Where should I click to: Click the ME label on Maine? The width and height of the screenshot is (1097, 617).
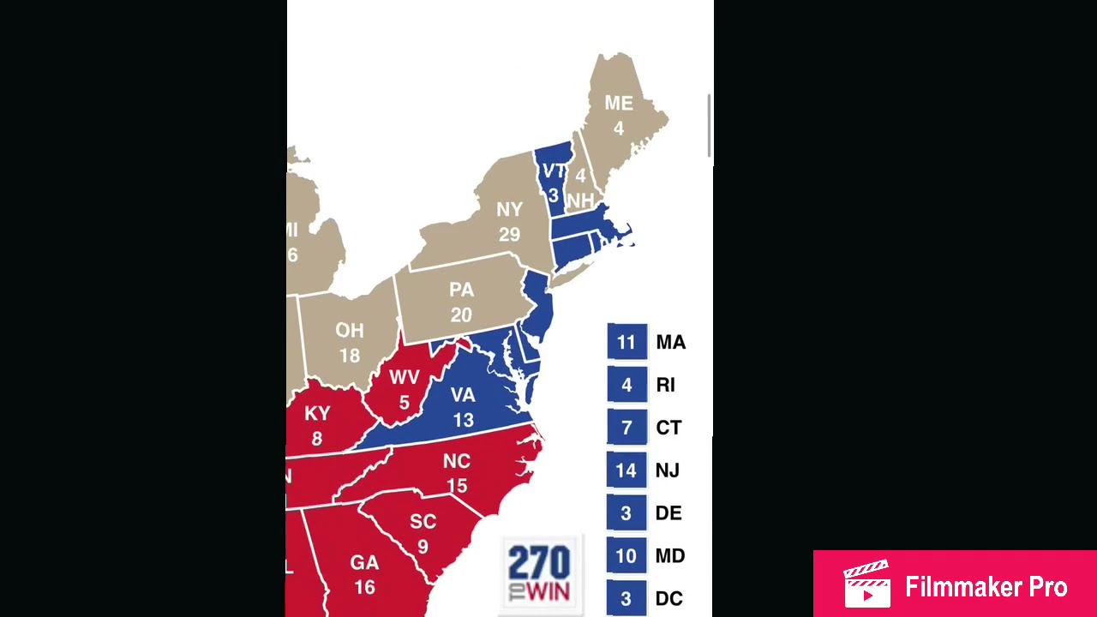tap(619, 104)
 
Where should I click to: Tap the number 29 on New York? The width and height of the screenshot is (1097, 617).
tap(509, 234)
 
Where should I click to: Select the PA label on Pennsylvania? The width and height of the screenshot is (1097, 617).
tap(461, 291)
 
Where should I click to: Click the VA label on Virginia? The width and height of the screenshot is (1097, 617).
tap(463, 395)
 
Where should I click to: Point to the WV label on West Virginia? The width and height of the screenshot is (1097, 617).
tap(405, 378)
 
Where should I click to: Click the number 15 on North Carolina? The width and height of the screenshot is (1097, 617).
tap(457, 486)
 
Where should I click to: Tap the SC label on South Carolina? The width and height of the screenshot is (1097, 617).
tap(423, 521)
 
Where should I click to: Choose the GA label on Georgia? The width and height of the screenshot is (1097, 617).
tap(364, 563)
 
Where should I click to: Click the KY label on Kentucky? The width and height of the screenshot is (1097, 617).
tap(317, 414)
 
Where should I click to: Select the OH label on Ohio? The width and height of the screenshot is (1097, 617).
tap(350, 331)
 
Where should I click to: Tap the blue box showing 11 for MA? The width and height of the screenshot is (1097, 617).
tap(626, 342)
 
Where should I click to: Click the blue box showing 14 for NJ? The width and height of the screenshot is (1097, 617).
tap(626, 470)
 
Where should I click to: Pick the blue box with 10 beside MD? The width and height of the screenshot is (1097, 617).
tap(626, 556)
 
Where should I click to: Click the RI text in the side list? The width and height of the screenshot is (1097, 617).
tap(666, 386)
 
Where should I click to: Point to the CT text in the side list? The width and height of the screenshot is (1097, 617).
tap(668, 428)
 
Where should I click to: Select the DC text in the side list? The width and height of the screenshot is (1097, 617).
tap(668, 599)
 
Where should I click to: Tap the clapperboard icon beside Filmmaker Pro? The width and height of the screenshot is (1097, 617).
tap(867, 585)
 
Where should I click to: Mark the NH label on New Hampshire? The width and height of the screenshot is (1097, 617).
tap(580, 200)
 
